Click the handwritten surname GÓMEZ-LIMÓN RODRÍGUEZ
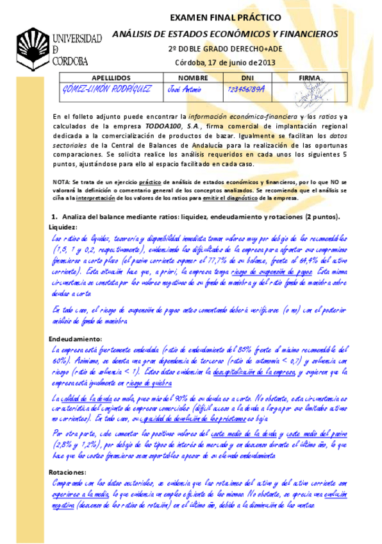point(108,89)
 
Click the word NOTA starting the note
point(61,183)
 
